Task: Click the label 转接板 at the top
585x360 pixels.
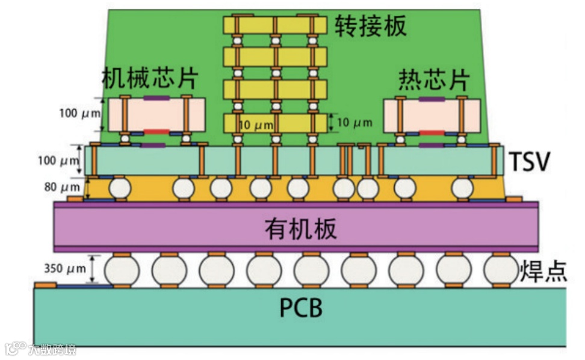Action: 371,25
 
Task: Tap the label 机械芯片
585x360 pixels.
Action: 150,78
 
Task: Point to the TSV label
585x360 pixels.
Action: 529,161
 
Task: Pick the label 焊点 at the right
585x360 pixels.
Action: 543,271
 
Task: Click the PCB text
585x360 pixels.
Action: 301,308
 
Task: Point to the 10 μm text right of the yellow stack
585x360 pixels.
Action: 354,123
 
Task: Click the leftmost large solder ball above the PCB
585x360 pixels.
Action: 122,270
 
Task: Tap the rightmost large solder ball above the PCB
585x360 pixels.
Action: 501,270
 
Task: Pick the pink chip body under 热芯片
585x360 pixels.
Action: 432,115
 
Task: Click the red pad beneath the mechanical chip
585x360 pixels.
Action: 156,132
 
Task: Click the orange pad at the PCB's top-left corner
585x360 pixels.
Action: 45,285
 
